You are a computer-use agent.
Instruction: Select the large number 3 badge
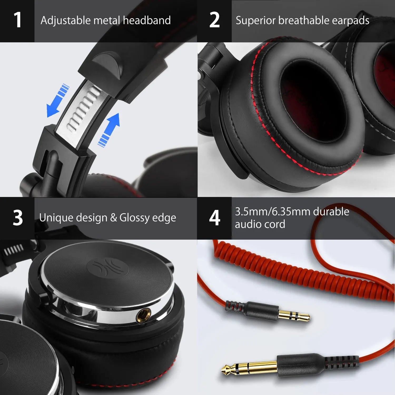[x=18, y=218]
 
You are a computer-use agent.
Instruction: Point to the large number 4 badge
[x=215, y=218]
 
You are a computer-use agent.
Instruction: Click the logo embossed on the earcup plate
[x=108, y=266]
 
